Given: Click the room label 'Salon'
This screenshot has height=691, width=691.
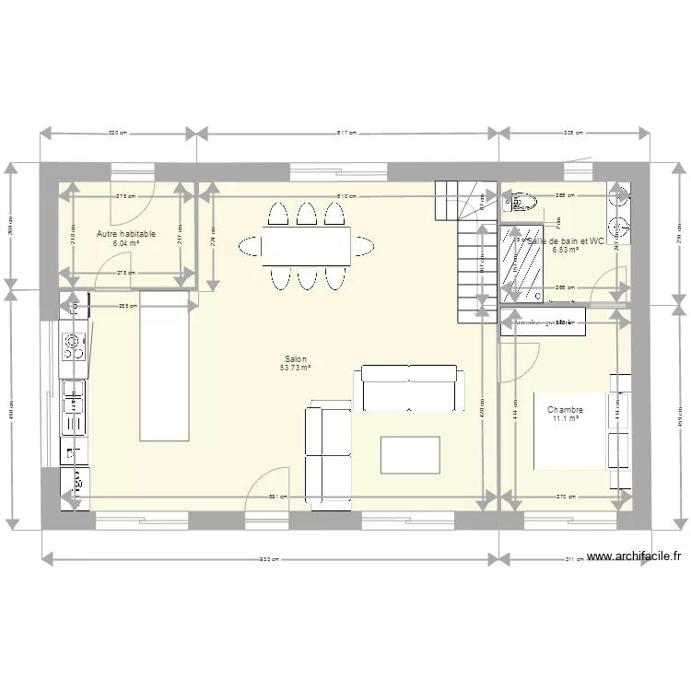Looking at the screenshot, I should click(295, 359).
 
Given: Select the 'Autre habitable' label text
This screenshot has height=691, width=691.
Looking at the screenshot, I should click(126, 235).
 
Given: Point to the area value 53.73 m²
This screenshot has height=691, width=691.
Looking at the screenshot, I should click(295, 369).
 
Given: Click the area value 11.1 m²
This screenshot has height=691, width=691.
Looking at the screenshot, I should click(565, 419).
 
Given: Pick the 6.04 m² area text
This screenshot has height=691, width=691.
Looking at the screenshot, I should click(126, 244).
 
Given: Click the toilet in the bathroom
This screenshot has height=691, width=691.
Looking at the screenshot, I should click(521, 202).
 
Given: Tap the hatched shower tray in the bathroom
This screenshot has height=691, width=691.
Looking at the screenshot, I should click(520, 262).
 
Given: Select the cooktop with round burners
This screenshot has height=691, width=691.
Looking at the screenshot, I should click(73, 346).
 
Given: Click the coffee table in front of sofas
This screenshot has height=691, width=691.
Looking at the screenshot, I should click(411, 455).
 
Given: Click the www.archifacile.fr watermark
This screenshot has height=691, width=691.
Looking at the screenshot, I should click(633, 556).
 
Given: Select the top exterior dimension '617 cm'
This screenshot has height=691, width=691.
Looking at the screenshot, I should click(347, 134).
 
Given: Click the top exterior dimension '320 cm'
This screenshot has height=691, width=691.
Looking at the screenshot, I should click(118, 134).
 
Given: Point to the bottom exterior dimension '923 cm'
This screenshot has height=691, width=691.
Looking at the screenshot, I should click(268, 558).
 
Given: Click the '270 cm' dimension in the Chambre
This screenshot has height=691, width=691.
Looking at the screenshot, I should click(567, 498).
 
